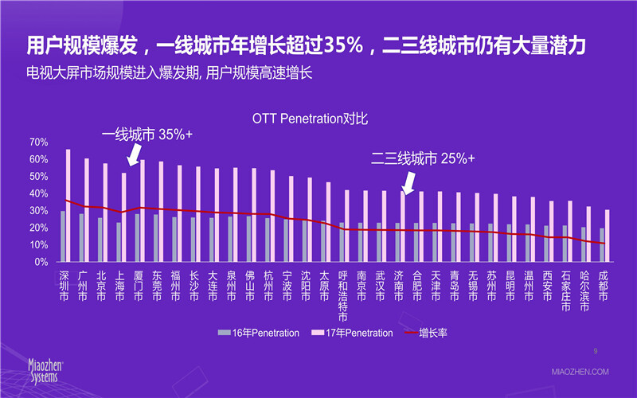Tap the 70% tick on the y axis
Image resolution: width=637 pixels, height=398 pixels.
click(x=39, y=142)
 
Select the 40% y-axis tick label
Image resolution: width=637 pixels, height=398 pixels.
click(x=39, y=193)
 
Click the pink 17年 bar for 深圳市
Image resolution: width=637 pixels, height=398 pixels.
click(x=68, y=205)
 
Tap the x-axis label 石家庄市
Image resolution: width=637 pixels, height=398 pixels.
click(x=566, y=287)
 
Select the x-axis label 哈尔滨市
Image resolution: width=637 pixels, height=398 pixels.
click(x=585, y=287)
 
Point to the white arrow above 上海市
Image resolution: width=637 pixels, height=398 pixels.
click(x=133, y=154)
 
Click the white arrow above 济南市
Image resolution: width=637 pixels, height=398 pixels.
click(x=408, y=182)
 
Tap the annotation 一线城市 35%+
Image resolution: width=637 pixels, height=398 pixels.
click(x=147, y=134)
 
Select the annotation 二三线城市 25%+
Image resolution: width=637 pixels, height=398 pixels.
click(x=423, y=158)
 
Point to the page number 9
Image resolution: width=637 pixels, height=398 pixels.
click(x=596, y=349)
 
